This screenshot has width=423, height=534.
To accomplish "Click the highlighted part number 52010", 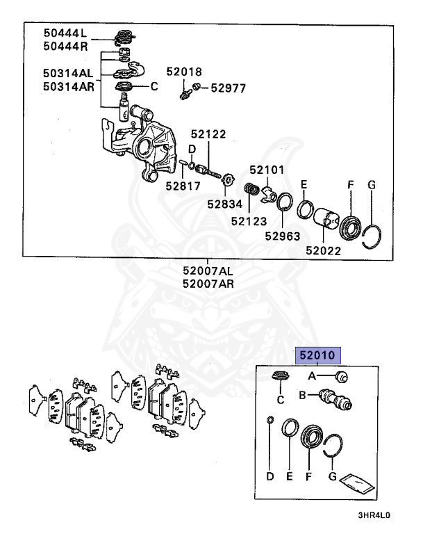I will click(x=318, y=355).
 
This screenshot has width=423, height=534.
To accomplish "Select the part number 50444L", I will click(x=65, y=32).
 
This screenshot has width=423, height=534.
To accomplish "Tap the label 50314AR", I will click(x=67, y=86).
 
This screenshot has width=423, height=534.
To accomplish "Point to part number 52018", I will click(x=184, y=71).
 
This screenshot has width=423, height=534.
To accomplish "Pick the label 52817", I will click(x=183, y=186).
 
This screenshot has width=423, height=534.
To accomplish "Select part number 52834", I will click(x=224, y=204).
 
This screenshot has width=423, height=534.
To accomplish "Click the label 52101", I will click(x=267, y=169).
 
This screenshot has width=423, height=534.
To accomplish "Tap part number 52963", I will click(x=281, y=235).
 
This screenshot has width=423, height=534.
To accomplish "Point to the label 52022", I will click(x=323, y=250).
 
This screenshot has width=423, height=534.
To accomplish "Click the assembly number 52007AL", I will click(x=208, y=270).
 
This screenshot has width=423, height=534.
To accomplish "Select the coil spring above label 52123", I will click(x=254, y=190).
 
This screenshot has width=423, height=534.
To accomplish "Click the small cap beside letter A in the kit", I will click(x=342, y=376).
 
